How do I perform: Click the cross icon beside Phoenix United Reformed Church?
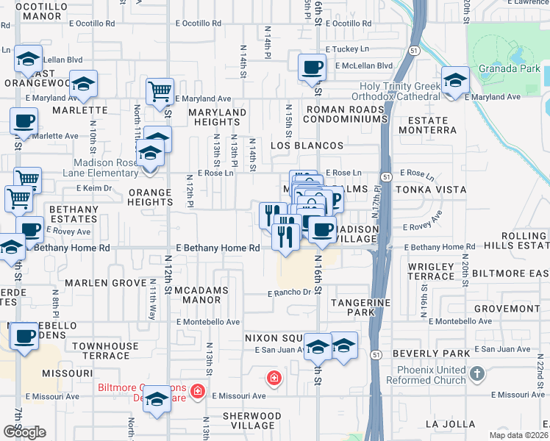click(476, 374)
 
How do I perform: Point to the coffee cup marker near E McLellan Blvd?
click(312, 68)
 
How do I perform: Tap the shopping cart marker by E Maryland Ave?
click(160, 93)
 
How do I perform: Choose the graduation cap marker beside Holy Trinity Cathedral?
click(455, 80)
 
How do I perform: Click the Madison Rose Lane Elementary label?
click(105, 168)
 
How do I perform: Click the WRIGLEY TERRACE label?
click(431, 270)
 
